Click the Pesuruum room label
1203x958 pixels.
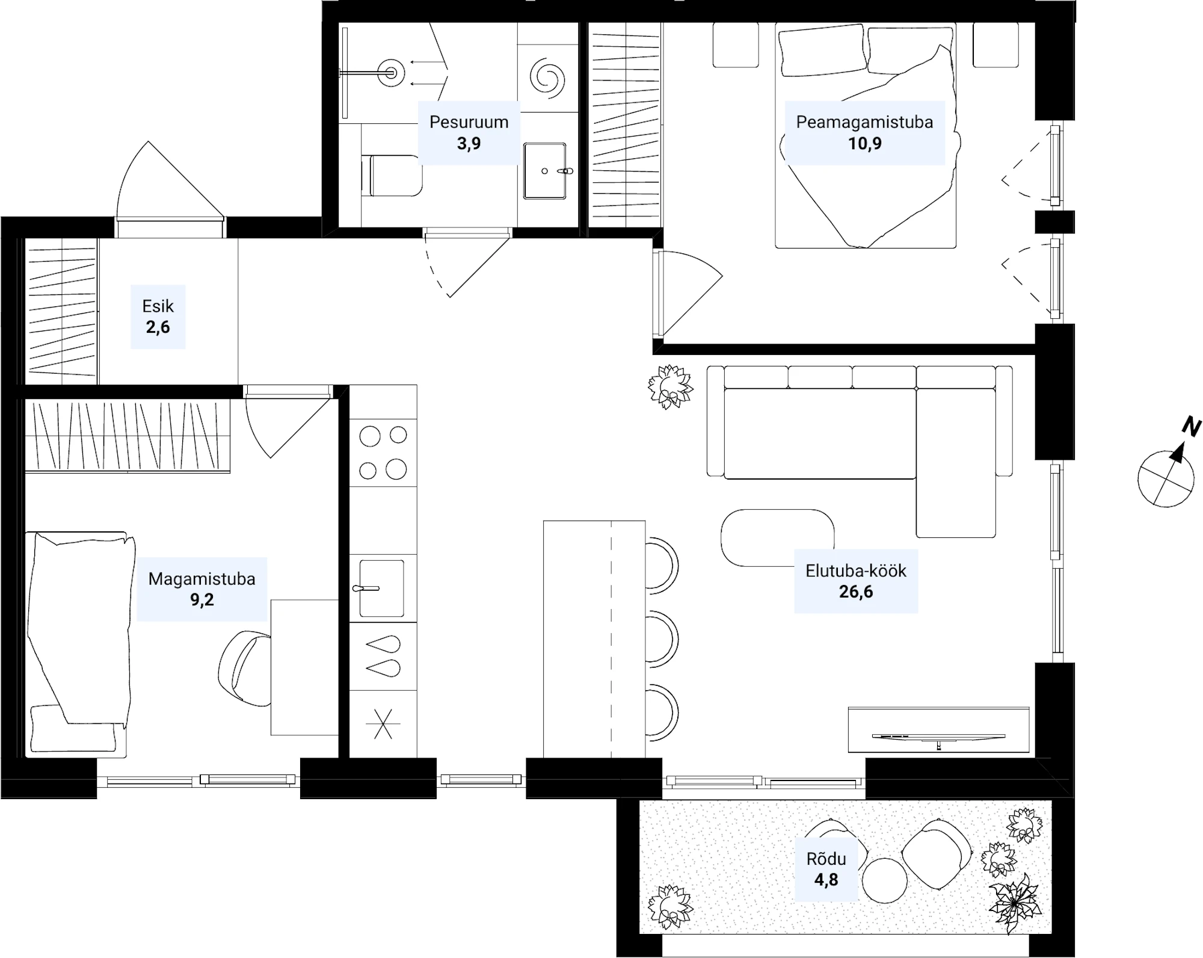(x=469, y=122)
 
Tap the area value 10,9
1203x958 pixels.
(x=864, y=143)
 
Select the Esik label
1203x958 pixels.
(x=158, y=306)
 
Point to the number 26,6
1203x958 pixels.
(x=856, y=592)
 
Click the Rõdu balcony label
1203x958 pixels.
(x=826, y=859)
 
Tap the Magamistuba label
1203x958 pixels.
(x=202, y=579)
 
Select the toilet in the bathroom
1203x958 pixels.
(x=392, y=175)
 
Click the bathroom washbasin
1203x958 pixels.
(x=544, y=171)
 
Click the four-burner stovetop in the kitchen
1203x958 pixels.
(x=383, y=453)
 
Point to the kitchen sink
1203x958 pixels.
(x=381, y=588)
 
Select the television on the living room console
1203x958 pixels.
(x=938, y=737)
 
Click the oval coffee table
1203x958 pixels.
(x=777, y=538)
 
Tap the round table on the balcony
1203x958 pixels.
(x=884, y=880)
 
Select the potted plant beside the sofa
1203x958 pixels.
(x=670, y=386)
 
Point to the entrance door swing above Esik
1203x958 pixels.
(x=170, y=180)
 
